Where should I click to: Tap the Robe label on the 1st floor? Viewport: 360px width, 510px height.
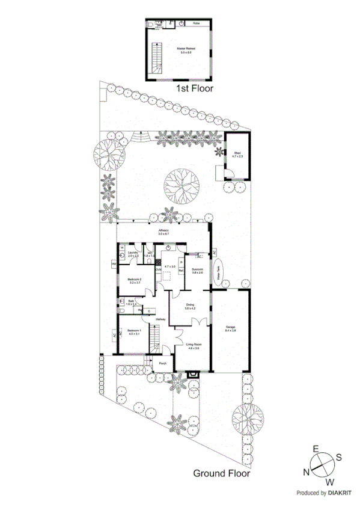(x=197, y=24)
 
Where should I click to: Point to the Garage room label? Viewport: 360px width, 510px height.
(x=231, y=328)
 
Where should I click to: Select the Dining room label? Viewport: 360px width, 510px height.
(x=189, y=306)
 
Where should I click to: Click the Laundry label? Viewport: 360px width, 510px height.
(x=133, y=254)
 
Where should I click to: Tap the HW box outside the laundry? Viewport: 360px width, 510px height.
(x=113, y=264)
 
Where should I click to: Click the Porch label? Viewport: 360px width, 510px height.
(x=162, y=364)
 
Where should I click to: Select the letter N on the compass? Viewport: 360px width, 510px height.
(x=307, y=473)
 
